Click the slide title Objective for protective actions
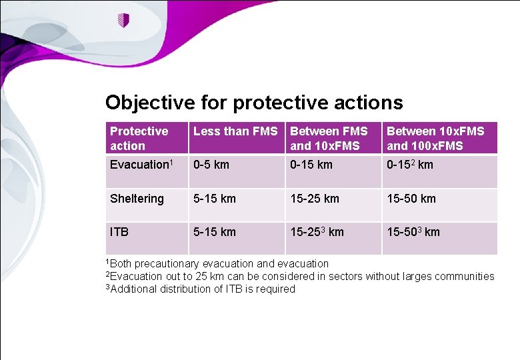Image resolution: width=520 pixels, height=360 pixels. tap(254, 103)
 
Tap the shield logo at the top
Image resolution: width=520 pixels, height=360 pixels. tap(123, 21)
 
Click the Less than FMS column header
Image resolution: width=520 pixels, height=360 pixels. tap(235, 132)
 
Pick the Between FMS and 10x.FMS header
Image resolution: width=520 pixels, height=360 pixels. tap(329, 138)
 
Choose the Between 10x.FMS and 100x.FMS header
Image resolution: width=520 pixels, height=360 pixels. tap(435, 138)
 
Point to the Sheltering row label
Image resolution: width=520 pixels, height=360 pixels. tap(137, 199)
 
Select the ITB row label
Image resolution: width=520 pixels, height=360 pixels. tap(119, 232)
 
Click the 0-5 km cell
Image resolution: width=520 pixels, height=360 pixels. tap(211, 165)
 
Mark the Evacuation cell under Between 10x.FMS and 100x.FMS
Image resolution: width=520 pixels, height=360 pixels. tap(410, 165)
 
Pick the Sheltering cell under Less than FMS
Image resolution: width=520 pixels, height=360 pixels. tap(214, 199)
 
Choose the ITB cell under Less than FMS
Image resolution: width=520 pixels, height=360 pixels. tap(214, 232)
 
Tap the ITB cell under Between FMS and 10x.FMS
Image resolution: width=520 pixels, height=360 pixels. tap(317, 232)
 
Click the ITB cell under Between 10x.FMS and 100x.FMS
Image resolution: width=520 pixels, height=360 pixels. tap(414, 232)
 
